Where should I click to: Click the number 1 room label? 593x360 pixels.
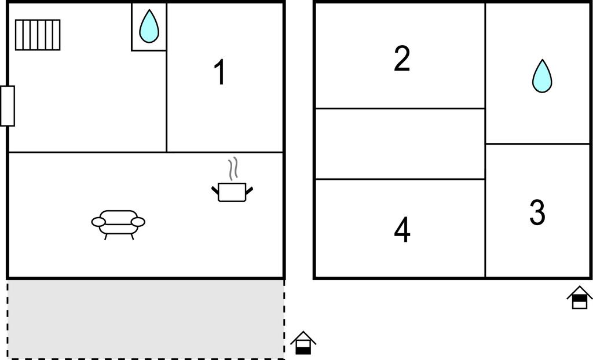pyautogui.click(x=219, y=74)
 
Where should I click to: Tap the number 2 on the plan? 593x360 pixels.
pyautogui.click(x=402, y=58)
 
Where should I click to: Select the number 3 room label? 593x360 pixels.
pyautogui.click(x=537, y=212)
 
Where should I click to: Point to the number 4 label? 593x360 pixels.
pyautogui.click(x=402, y=230)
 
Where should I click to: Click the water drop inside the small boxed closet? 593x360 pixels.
pyautogui.click(x=149, y=26)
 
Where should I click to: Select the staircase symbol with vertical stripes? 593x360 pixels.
pyautogui.click(x=38, y=35)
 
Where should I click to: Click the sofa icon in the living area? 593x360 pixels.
pyautogui.click(x=118, y=222)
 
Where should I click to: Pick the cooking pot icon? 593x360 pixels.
pyautogui.click(x=232, y=192)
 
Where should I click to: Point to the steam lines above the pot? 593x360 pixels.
pyautogui.click(x=233, y=169)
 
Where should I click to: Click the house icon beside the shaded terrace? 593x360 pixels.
pyautogui.click(x=303, y=343)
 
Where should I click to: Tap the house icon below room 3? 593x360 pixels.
pyautogui.click(x=579, y=297)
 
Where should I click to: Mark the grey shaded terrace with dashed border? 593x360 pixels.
pyautogui.click(x=145, y=319)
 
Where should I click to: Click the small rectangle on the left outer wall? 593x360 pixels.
pyautogui.click(x=8, y=106)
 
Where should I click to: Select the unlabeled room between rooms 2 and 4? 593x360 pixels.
pyautogui.click(x=400, y=144)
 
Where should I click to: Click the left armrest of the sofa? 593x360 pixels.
pyautogui.click(x=99, y=222)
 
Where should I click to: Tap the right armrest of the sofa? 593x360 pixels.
pyautogui.click(x=138, y=222)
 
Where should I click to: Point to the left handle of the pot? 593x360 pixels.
pyautogui.click(x=215, y=188)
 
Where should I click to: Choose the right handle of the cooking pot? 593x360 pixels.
pyautogui.click(x=250, y=189)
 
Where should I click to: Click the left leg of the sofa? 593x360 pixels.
pyautogui.click(x=105, y=236)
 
